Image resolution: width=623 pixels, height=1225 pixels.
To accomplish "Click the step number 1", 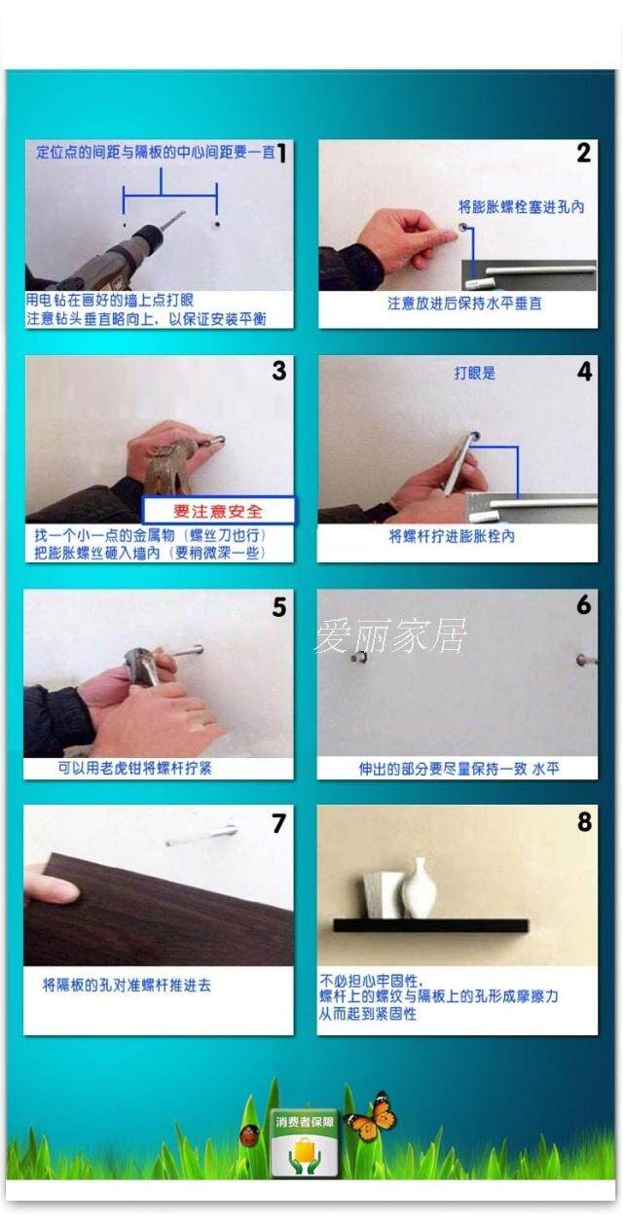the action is click(281, 154).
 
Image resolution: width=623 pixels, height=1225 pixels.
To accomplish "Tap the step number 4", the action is click(585, 372).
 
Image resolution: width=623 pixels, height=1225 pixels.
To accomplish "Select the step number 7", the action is click(279, 823).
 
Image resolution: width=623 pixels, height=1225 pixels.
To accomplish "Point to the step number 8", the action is click(585, 822).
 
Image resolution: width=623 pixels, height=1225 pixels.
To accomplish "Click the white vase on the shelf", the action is click(419, 888).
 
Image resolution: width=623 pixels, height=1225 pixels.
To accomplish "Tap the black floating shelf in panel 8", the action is click(431, 925).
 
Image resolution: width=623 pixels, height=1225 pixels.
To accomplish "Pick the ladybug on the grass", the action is click(249, 1135).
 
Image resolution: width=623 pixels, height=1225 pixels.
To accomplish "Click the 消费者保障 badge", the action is click(305, 1144).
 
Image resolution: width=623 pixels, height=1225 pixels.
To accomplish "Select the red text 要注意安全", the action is click(218, 512).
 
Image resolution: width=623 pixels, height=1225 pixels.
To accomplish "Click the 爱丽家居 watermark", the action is click(390, 636).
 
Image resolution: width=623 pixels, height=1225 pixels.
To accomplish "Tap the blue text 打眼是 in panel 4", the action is click(475, 374).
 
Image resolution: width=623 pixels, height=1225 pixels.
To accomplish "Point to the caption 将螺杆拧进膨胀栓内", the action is click(452, 536).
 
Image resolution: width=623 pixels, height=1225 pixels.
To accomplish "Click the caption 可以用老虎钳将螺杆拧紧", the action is click(134, 769).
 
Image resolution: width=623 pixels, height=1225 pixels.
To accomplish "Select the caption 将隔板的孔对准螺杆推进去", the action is click(127, 986).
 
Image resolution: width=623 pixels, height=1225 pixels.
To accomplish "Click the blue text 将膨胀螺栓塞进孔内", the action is click(521, 206).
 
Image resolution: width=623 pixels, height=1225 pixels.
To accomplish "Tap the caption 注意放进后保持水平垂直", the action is click(464, 304).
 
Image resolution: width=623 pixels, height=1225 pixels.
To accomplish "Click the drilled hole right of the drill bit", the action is click(217, 224).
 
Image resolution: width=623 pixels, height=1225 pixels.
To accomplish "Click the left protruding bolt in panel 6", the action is click(359, 657).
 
